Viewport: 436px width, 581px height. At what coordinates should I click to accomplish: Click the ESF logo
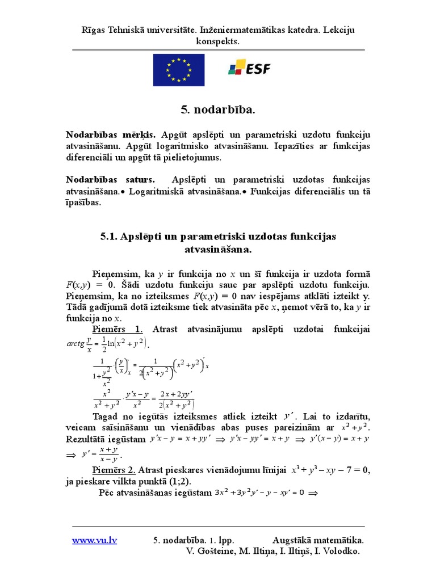coord(249,69)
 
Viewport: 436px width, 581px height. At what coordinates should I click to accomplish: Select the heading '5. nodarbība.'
coord(217,109)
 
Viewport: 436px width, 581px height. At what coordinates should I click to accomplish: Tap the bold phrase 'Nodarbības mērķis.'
coord(111,134)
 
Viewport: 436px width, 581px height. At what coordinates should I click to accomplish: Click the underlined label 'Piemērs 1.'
coord(118,330)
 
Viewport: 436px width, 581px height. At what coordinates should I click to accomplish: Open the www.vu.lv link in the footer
coord(94,540)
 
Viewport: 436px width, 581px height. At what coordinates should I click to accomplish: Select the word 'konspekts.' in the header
coord(218,41)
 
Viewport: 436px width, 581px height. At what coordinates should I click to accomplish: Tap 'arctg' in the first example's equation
coord(75,343)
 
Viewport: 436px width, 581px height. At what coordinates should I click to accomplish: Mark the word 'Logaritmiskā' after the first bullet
coord(157,191)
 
